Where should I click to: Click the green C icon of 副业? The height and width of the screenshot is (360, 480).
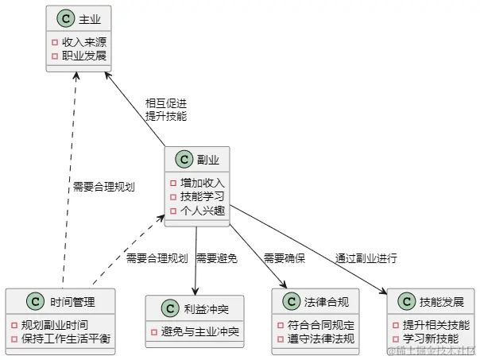point(184,159)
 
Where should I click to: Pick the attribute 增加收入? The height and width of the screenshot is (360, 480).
point(202,182)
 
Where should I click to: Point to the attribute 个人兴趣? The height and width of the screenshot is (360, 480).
point(202,210)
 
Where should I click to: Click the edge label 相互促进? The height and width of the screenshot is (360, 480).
point(165,103)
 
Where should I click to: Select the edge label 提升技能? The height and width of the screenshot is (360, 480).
point(165,116)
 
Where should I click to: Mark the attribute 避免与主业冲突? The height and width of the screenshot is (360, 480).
point(200,331)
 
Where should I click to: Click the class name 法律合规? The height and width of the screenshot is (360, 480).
point(320,301)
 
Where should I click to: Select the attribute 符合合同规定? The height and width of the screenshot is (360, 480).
point(320,324)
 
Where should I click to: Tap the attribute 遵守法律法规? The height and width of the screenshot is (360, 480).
point(320,339)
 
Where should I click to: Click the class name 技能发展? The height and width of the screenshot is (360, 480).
point(436,301)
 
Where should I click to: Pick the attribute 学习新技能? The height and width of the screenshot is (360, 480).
point(431,339)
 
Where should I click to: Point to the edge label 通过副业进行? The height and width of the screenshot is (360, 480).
point(366,258)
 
